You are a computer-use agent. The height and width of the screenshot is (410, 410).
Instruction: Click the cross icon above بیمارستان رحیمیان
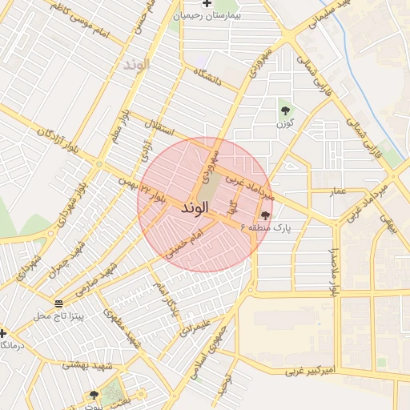pyautogui.click(x=207, y=4)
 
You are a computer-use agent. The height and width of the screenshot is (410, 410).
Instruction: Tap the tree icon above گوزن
pyautogui.click(x=284, y=111)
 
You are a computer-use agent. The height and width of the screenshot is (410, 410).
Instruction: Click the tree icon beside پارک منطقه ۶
pyautogui.click(x=264, y=215)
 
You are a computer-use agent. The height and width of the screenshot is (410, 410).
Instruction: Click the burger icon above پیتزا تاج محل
pyautogui.click(x=58, y=303)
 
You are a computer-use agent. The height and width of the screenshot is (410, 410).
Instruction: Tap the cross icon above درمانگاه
pyautogui.click(x=3, y=332)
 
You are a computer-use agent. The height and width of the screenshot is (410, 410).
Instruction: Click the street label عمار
pyautogui.click(x=339, y=191)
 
